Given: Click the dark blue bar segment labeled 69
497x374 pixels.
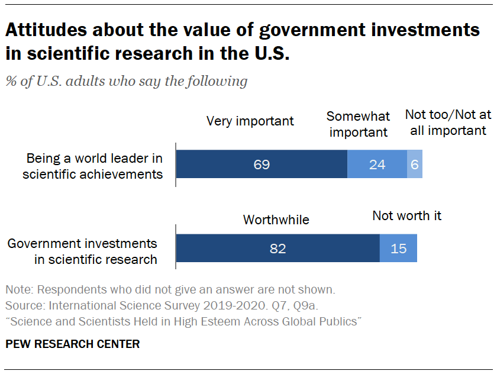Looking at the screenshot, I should tap(262, 165).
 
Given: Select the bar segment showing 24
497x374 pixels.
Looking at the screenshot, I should tap(377, 165).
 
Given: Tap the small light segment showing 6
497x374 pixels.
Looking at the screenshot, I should tap(415, 165).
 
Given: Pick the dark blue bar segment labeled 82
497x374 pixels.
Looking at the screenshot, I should tap(277, 248).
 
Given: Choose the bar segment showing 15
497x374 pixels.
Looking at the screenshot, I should tap(398, 248).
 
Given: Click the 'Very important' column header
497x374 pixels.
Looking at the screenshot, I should tap(250, 121).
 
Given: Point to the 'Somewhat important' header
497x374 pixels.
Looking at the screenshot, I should tap(359, 124).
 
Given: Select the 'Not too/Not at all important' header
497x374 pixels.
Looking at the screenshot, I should tap(448, 123).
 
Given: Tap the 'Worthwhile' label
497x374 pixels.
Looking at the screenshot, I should tap(276, 220).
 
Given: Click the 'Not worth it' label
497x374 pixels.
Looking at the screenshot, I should tap(406, 216).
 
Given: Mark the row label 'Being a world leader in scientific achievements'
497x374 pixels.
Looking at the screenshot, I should tap(93, 166).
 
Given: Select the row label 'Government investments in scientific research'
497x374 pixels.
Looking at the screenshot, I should tap(82, 251).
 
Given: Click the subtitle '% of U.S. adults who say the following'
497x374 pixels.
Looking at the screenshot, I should tap(126, 81).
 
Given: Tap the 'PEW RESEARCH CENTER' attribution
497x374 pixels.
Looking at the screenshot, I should tap(73, 344).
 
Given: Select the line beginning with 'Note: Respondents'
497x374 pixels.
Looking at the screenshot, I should tap(170, 291).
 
